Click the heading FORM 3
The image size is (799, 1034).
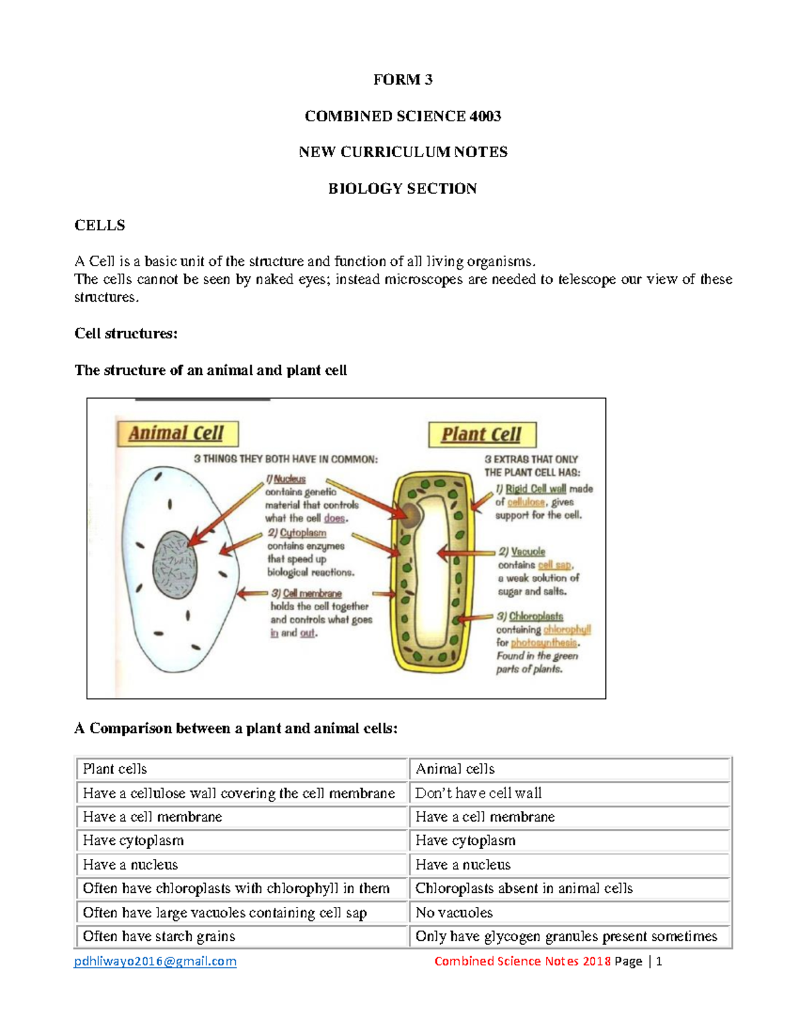pos(402,80)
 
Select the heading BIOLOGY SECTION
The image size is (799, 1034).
pos(402,189)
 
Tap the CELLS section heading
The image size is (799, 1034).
pos(99,225)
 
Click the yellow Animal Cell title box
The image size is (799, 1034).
pos(176,433)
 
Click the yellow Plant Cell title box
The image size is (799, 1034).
pos(481,435)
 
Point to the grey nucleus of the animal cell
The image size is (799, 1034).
pos(175,565)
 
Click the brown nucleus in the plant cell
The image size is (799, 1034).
pos(410,515)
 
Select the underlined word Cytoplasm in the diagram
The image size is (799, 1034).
pos(303,533)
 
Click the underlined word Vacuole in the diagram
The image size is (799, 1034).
pos(528,552)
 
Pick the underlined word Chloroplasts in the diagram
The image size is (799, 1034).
pos(536,617)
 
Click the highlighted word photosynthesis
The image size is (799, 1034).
pos(544,643)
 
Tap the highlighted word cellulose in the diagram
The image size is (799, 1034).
pos(526,502)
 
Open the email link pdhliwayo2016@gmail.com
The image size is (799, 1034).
pos(155,961)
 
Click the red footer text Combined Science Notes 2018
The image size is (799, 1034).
pos(522,961)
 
